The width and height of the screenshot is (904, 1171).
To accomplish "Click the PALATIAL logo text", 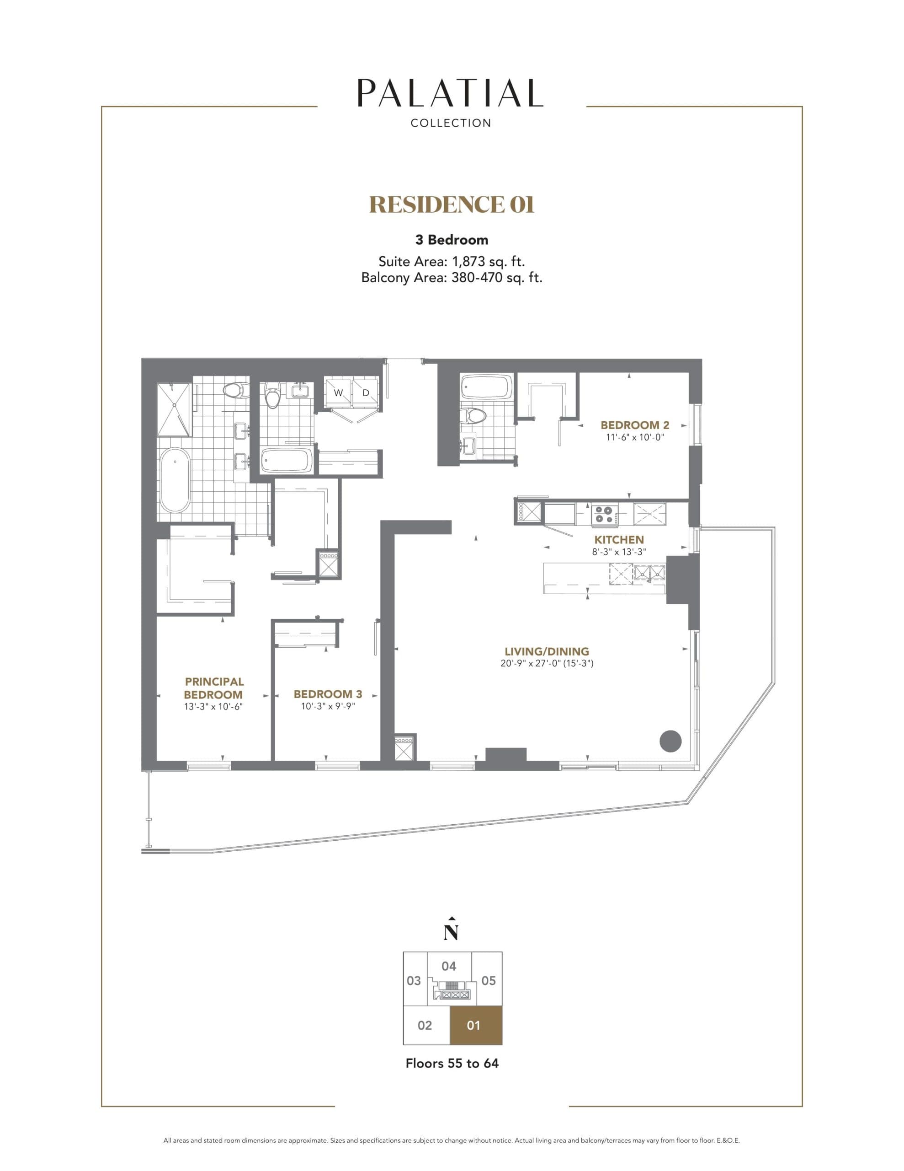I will (450, 93).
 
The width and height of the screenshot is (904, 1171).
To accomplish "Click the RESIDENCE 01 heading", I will (452, 205).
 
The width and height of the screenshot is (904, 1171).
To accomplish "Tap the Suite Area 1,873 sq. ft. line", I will (451, 262).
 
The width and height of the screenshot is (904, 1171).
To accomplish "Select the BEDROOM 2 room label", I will (634, 425).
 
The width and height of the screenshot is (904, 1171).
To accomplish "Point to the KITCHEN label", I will (618, 540).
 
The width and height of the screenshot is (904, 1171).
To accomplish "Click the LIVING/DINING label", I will (547, 651).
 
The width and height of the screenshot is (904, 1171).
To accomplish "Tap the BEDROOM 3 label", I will (327, 694).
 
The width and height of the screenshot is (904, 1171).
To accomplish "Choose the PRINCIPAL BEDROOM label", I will (214, 688).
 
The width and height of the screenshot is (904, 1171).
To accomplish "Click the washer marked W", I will (338, 392).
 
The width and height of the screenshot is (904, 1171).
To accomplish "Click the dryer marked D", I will (366, 392).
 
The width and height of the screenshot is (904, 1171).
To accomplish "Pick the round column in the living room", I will (670, 741).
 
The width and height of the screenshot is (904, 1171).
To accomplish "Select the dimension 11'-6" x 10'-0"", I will (634, 437).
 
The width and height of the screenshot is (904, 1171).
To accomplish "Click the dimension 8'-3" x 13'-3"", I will (618, 552).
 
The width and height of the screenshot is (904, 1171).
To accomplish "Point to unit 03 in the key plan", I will (414, 981).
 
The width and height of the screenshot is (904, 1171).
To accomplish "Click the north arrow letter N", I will (451, 934).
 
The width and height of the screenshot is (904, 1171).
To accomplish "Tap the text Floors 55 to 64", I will (452, 1063).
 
